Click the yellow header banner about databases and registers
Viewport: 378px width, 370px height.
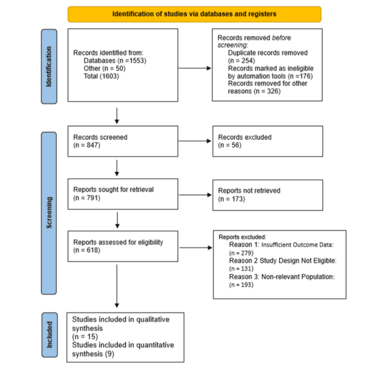click(194, 14)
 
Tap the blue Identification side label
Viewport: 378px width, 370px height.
click(49, 67)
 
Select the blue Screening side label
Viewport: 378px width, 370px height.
click(49, 213)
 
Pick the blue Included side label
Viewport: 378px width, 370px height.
click(49, 335)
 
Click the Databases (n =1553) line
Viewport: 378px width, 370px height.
click(115, 61)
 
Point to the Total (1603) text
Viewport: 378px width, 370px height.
click(101, 76)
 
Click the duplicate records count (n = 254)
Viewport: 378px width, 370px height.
click(242, 61)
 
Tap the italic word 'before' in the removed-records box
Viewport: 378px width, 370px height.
click(281, 38)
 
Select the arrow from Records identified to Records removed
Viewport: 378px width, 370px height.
click(195, 68)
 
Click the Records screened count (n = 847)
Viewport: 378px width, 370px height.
click(87, 145)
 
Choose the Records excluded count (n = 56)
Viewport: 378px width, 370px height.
click(230, 145)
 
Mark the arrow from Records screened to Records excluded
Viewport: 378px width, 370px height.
click(195, 141)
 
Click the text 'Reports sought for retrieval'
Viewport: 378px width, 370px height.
click(113, 190)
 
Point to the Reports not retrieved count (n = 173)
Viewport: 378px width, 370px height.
click(232, 199)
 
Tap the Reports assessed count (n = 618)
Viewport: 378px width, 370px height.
click(87, 250)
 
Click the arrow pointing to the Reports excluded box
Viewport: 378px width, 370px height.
click(196, 248)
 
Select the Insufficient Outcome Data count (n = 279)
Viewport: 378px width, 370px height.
click(241, 253)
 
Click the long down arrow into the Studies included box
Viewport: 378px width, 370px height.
click(117, 286)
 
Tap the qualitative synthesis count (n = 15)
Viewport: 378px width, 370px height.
click(85, 337)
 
